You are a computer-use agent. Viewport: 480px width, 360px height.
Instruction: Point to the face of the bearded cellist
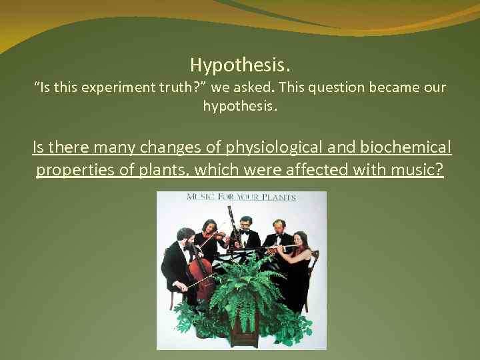click(187, 238)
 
